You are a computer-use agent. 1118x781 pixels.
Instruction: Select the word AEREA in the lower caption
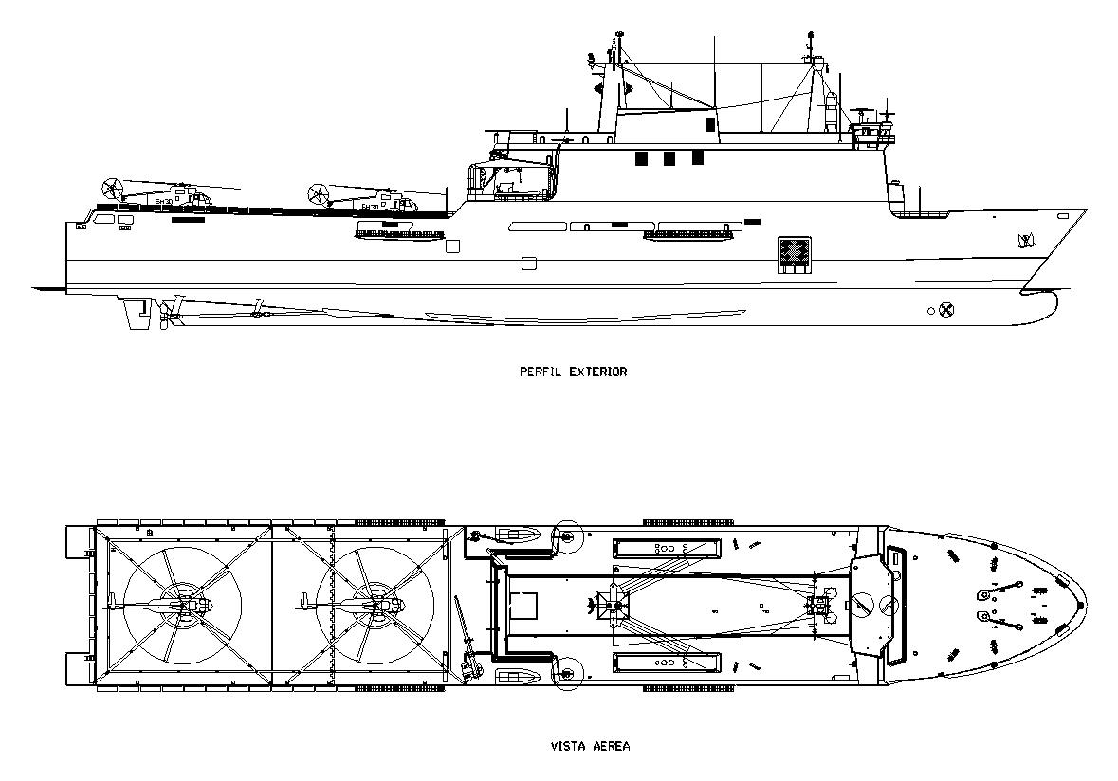pos(613,746)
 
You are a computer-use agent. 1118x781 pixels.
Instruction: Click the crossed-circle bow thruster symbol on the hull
pos(945,310)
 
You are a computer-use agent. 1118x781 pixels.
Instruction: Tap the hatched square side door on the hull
pos(794,254)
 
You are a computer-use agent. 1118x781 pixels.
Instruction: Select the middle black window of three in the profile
pos(669,158)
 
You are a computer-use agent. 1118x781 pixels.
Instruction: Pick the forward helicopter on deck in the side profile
pos(365,201)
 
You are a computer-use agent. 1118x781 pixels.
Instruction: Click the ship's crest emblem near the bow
pos(1024,240)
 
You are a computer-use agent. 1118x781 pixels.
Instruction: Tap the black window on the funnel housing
pos(709,124)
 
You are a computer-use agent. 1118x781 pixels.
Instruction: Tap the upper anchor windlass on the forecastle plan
pos(994,592)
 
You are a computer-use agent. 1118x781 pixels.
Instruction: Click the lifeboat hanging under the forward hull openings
pos(690,235)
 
